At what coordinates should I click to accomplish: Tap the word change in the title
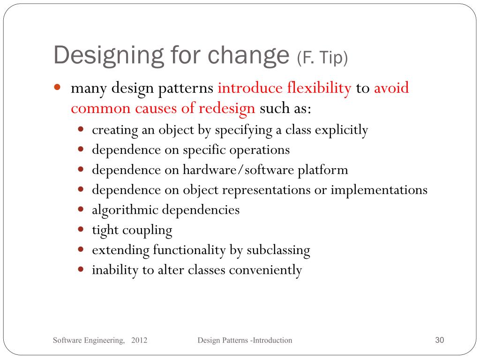(248, 55)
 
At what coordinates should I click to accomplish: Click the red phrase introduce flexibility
(285, 88)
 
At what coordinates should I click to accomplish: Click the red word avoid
(391, 88)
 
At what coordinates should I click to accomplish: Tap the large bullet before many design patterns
(57, 88)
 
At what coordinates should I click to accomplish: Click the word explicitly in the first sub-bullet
(341, 130)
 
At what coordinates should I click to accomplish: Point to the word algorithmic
(125, 210)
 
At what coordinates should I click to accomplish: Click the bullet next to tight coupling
(81, 230)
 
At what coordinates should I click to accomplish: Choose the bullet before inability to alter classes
(81, 270)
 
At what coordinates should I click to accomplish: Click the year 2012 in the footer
(140, 340)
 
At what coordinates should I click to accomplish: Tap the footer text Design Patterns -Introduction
(245, 340)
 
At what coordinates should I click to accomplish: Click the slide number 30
(439, 340)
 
